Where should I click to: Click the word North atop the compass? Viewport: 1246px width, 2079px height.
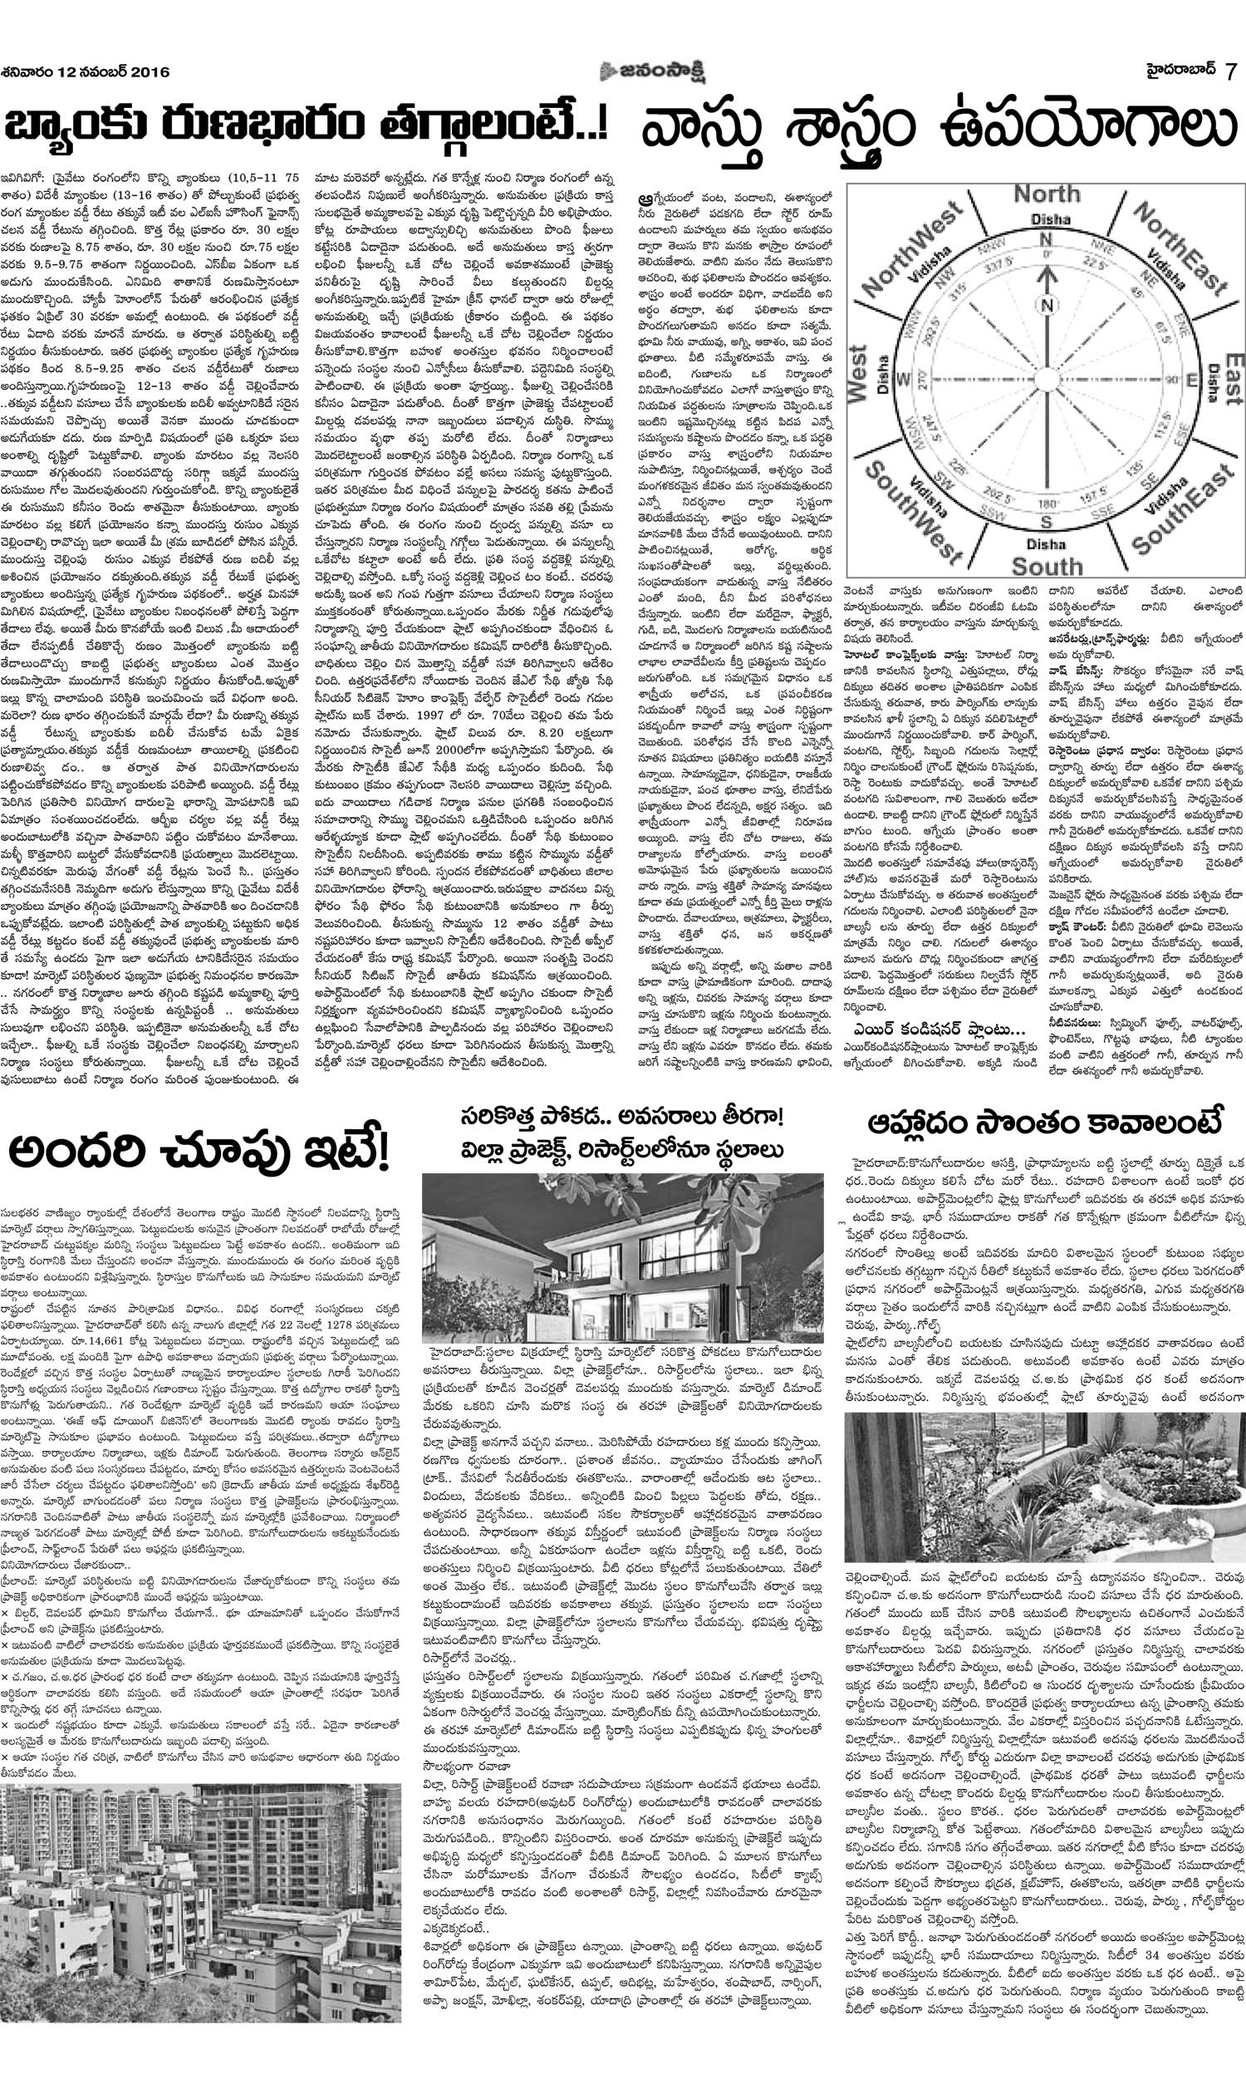[x=1045, y=194]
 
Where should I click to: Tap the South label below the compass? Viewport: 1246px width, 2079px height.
[x=1045, y=565]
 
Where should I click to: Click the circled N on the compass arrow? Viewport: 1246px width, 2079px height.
[x=1046, y=306]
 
